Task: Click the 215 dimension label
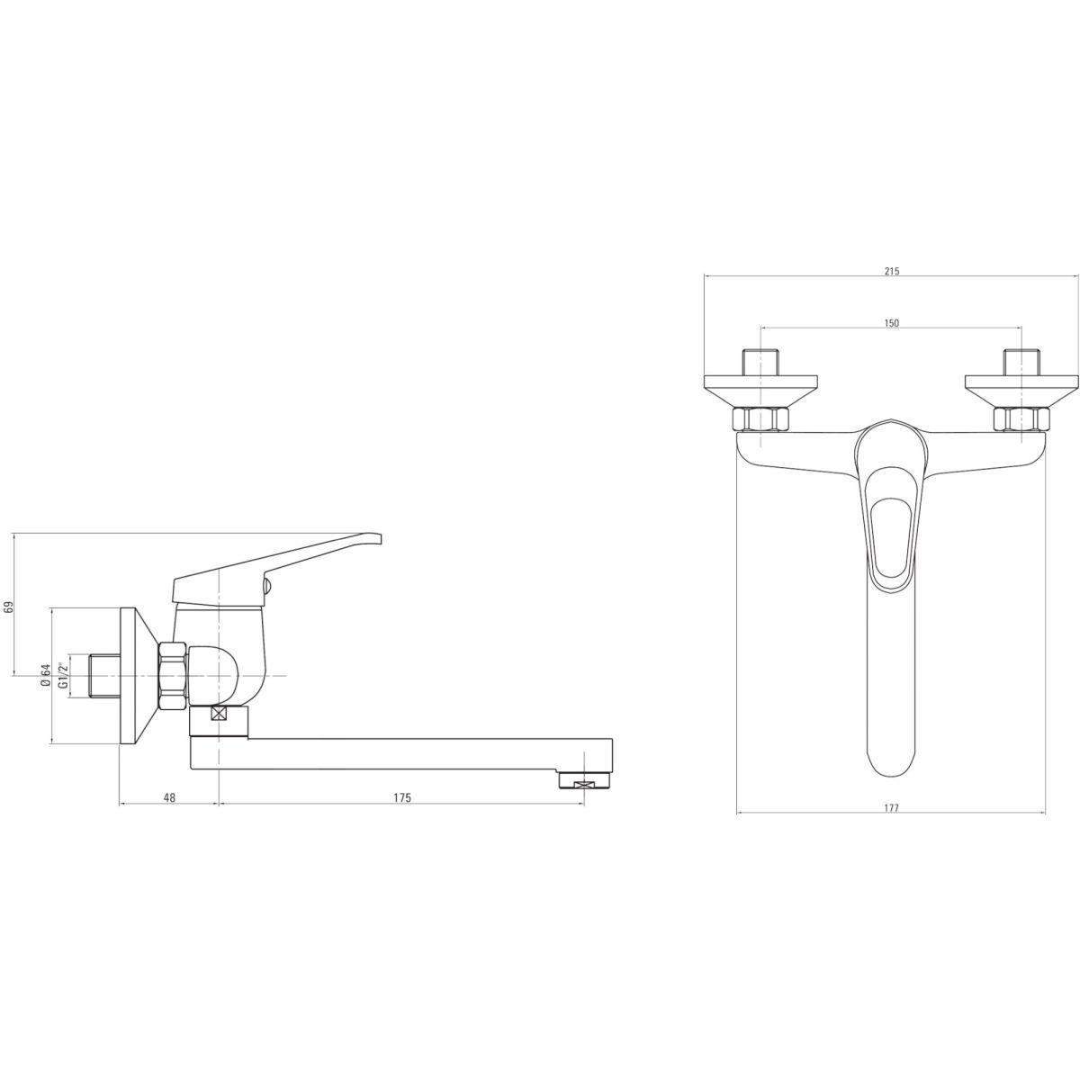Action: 891,271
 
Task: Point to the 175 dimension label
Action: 401,797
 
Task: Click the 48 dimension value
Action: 169,797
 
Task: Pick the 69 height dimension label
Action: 8,607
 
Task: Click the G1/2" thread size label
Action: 63,675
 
